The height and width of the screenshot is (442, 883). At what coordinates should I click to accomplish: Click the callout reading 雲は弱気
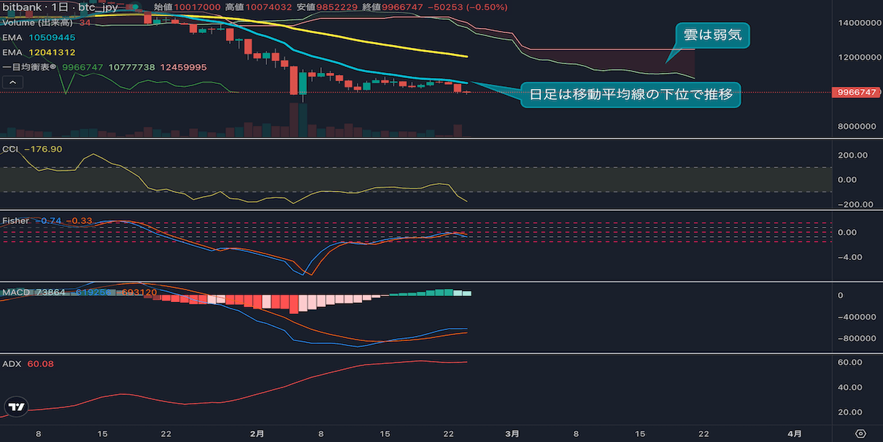tap(713, 35)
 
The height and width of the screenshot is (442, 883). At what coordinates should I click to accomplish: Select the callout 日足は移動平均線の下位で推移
tap(630, 94)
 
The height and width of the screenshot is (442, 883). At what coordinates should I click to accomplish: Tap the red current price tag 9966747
tap(857, 92)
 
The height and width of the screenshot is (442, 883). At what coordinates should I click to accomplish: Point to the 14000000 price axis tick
tap(857, 23)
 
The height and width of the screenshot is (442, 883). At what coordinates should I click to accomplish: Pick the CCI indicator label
tap(10, 149)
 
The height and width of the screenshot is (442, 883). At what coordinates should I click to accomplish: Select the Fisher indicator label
tap(15, 220)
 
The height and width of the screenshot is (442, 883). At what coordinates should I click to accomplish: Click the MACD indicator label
tap(15, 292)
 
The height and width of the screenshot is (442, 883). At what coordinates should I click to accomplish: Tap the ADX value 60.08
tap(42, 363)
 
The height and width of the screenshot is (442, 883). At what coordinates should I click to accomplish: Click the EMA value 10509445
tap(52, 37)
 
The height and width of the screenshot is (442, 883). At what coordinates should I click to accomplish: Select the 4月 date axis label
tap(795, 433)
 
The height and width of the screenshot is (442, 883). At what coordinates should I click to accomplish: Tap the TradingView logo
tap(16, 406)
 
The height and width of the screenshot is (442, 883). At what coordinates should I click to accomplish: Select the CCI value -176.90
tap(43, 149)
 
